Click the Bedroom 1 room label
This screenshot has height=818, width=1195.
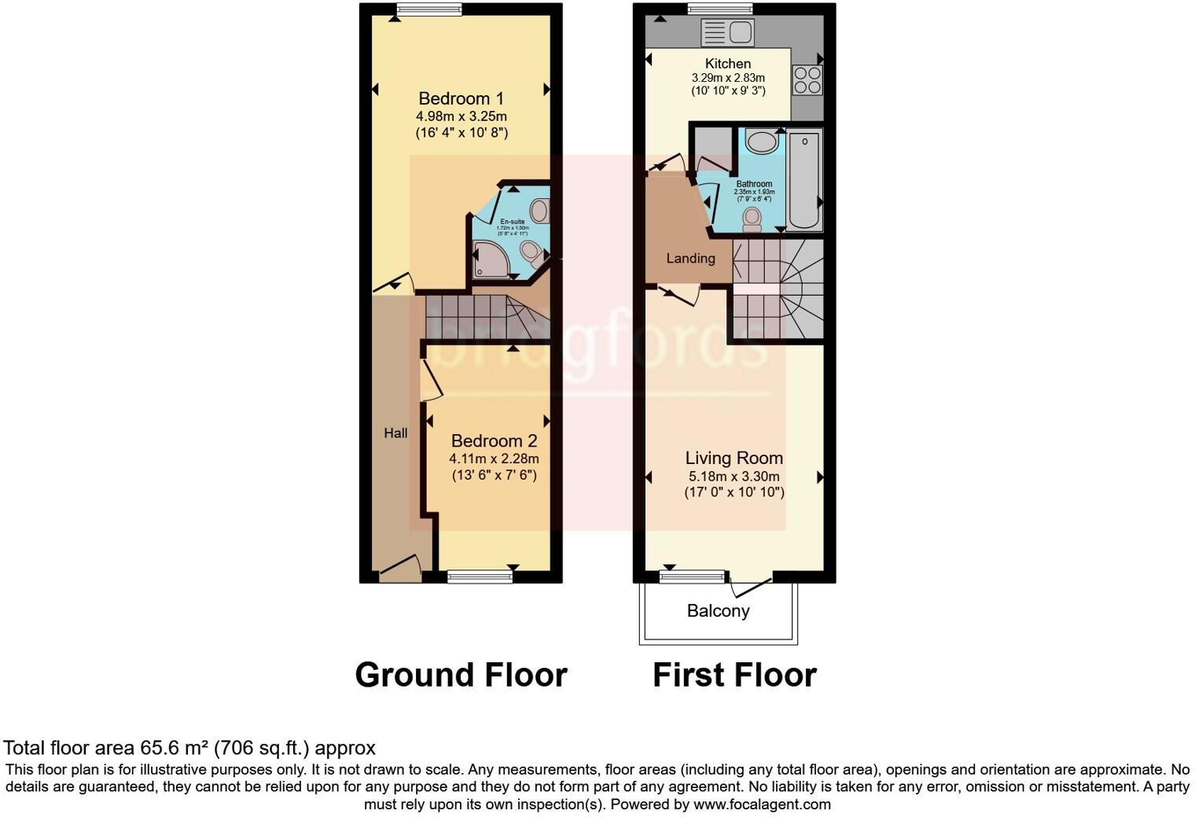tap(461, 98)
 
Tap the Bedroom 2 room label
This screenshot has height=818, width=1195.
tap(494, 440)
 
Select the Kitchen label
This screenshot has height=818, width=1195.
tap(727, 63)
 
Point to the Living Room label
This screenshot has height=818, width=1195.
tap(734, 458)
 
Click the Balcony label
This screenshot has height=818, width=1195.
tap(718, 611)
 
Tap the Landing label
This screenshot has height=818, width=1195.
tap(690, 258)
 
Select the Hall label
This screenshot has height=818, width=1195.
tap(395, 433)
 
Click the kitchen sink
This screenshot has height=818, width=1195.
tap(727, 32)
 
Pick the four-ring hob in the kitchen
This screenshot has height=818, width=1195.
tap(807, 79)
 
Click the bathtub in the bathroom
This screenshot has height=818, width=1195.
tap(804, 181)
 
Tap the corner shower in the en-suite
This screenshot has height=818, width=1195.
tap(490, 260)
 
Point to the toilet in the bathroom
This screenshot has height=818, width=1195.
tap(752, 219)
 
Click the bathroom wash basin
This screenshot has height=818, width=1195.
tap(760, 142)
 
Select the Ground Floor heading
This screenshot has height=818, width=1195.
tap(461, 675)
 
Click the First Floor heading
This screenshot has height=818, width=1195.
tap(734, 675)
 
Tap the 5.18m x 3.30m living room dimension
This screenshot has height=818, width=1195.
tap(734, 477)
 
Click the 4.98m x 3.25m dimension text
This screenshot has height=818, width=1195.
tap(461, 116)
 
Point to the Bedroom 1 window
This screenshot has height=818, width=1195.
tap(428, 9)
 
